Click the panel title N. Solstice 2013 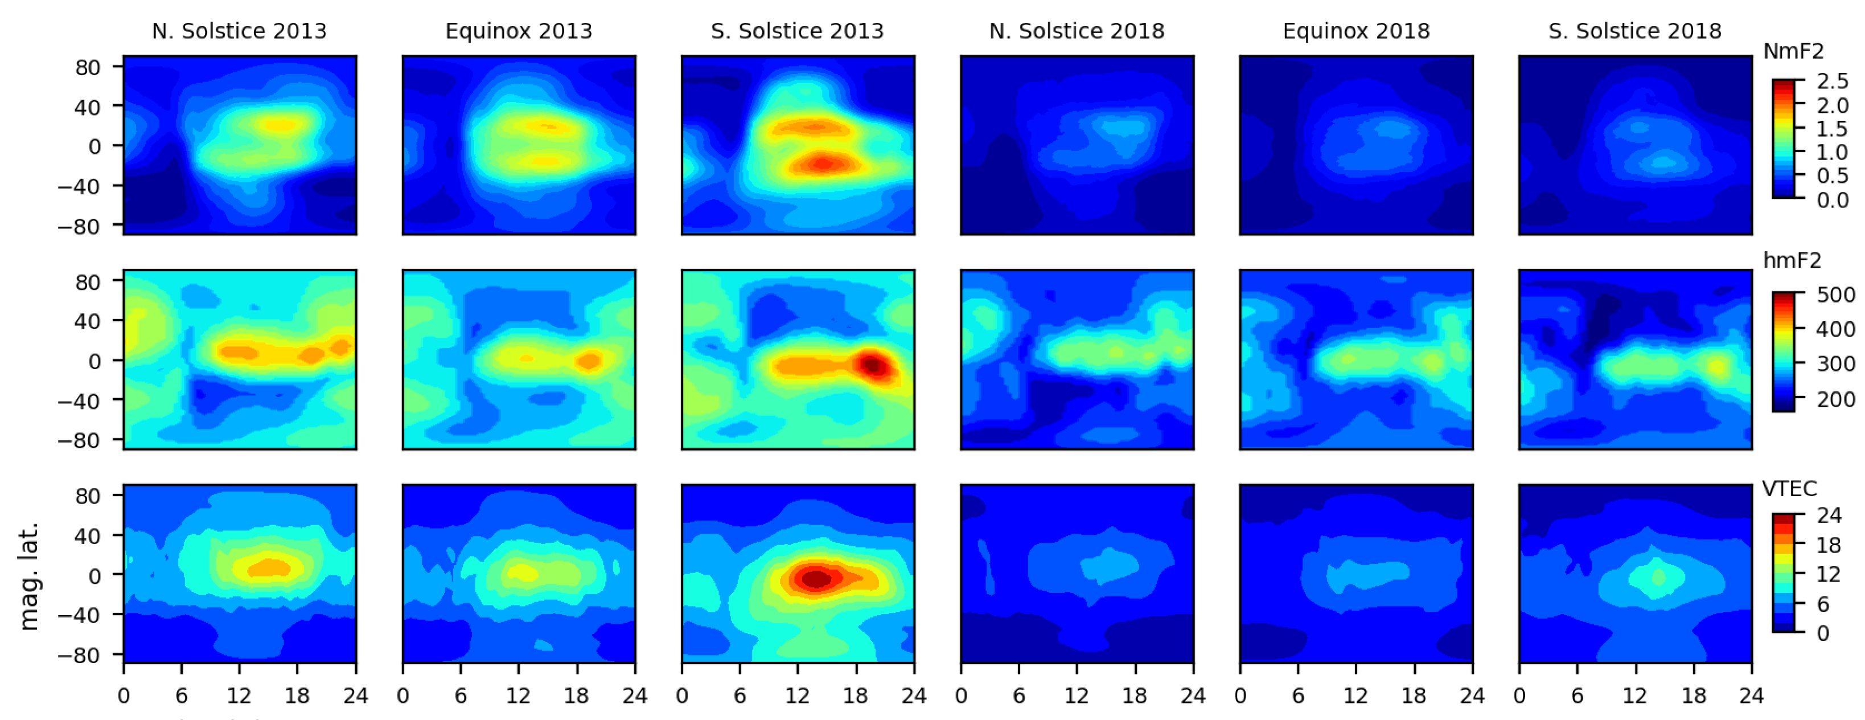(239, 31)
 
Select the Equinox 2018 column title (1356, 31)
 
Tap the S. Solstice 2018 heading (1635, 31)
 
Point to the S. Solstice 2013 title (797, 31)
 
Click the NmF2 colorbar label (1793, 51)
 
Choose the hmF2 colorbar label (1792, 260)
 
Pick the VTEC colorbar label (1789, 489)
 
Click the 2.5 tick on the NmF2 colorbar (1833, 81)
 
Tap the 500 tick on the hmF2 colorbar (1835, 295)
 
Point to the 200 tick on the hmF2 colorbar (1835, 399)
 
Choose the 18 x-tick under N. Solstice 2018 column (1135, 696)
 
